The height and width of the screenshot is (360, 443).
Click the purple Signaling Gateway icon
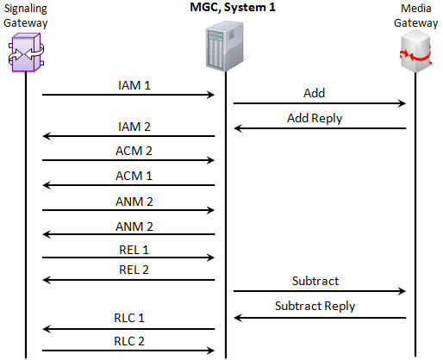coord(26,53)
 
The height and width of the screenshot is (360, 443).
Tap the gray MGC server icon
coord(225,46)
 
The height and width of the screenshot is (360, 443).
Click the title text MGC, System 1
coord(233,8)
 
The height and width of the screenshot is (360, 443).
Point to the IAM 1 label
coord(134,85)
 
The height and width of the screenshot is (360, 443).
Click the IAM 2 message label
coord(134,127)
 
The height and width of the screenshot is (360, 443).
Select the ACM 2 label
coord(134,151)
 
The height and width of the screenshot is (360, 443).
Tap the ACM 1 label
coord(134,176)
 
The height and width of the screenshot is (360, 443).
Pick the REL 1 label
coord(134,250)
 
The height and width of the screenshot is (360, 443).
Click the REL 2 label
coord(134,270)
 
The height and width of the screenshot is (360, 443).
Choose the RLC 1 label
coord(129,318)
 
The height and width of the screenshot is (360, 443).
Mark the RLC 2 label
coord(129,341)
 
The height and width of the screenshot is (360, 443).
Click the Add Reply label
coord(315,118)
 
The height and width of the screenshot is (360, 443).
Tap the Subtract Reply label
coord(315,306)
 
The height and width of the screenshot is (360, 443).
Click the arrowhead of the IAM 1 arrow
coord(211,95)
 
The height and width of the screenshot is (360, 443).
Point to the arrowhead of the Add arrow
coord(402,103)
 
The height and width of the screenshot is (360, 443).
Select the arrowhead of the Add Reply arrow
coord(237,128)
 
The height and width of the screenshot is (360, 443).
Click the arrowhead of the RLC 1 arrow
coord(46,329)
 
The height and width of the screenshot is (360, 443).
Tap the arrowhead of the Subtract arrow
coord(402,291)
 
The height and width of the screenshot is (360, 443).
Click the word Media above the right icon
coord(416,9)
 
